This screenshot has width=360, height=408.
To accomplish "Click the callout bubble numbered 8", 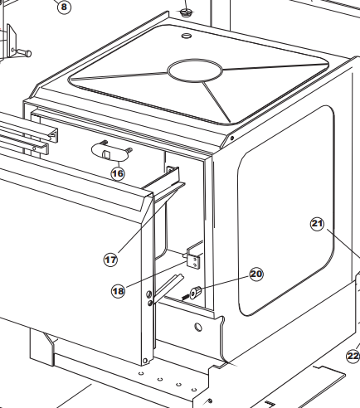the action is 64,7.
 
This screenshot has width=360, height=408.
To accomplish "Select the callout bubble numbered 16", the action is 118,174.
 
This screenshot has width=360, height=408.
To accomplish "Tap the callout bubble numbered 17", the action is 110,260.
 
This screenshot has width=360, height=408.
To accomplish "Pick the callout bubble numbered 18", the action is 118,291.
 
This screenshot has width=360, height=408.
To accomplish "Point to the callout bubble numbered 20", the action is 256,274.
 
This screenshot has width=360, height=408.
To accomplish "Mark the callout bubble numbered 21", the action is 317,223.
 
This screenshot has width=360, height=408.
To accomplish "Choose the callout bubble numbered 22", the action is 353,356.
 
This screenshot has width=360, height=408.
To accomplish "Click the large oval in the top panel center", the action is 195,70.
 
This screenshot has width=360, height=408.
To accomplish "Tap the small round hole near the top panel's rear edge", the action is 187,36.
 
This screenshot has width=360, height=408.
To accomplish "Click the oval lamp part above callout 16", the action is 110,151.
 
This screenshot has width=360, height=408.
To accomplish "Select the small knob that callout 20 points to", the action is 196,293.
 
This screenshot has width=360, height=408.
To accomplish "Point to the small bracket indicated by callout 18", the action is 193,257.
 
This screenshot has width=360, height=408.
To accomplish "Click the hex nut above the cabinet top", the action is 186,12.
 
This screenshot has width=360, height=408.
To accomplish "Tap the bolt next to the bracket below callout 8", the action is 24,52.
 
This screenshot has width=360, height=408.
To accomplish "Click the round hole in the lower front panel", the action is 198,328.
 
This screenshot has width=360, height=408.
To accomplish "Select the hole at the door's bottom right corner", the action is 145,361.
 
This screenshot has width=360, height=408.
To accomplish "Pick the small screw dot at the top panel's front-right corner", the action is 232,138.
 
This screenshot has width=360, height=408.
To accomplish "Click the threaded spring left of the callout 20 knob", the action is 186,297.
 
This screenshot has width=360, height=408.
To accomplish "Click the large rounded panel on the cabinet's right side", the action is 286,211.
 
